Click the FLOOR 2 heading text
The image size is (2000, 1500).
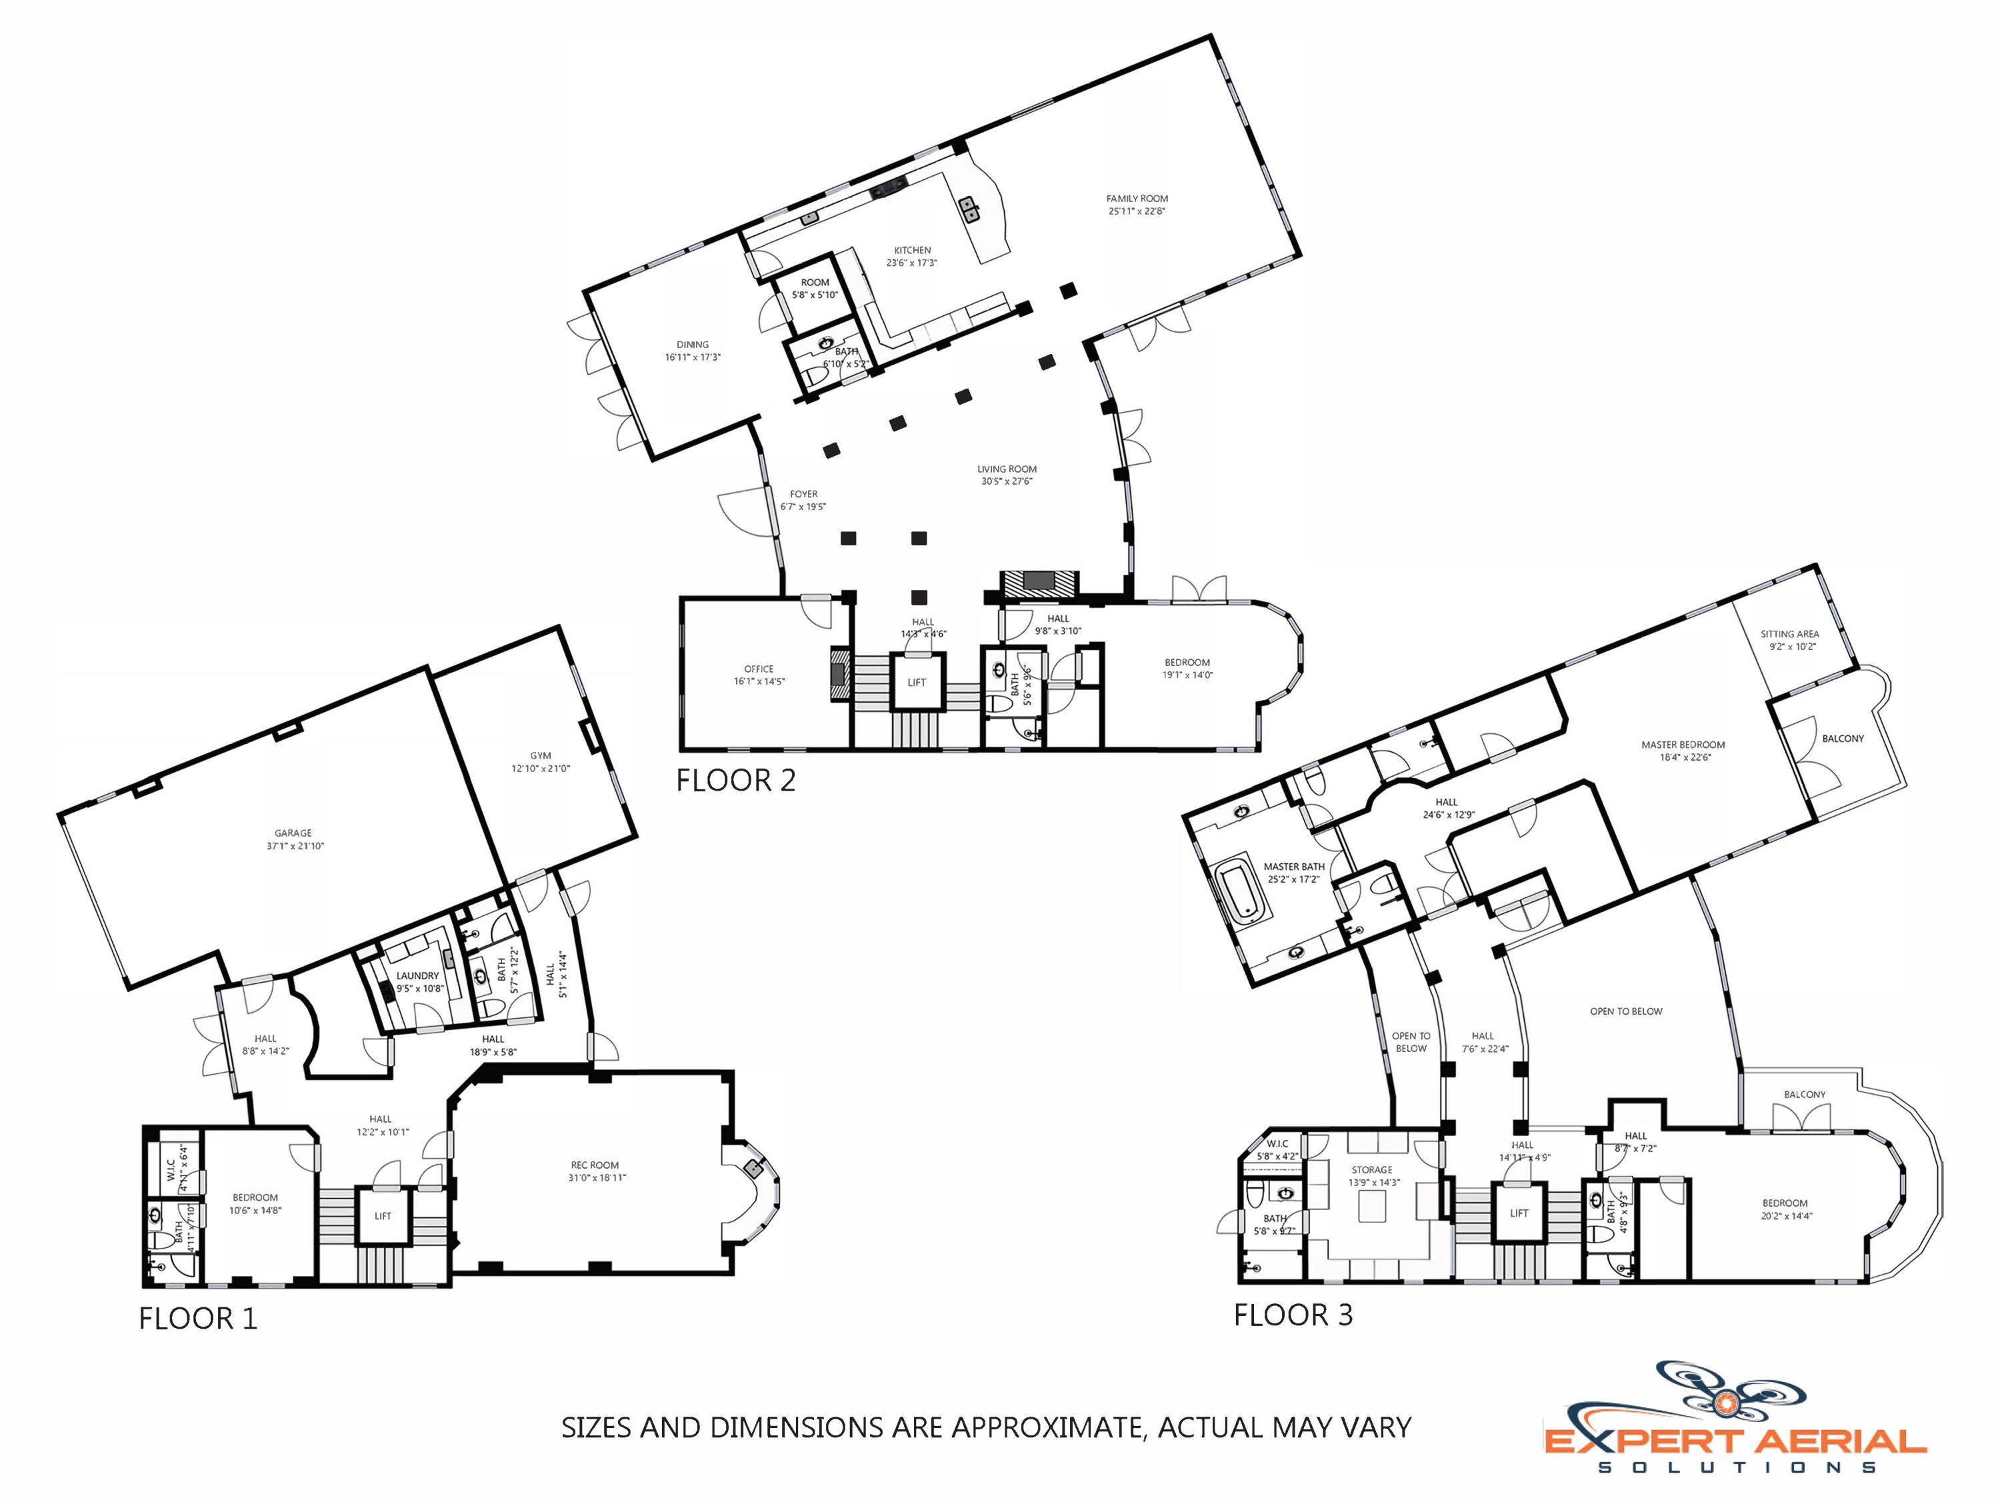(x=735, y=780)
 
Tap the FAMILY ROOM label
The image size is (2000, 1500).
(x=1137, y=198)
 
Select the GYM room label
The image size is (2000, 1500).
(x=540, y=755)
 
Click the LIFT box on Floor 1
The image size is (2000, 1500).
(x=383, y=1216)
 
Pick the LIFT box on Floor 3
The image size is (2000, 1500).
(x=1518, y=1213)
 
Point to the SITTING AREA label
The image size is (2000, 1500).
(x=1789, y=634)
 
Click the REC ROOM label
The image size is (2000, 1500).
(x=594, y=1165)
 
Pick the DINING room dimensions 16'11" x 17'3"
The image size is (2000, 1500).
(x=692, y=357)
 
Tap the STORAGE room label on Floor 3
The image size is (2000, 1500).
(x=1371, y=1169)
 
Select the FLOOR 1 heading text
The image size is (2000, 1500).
(x=198, y=1318)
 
